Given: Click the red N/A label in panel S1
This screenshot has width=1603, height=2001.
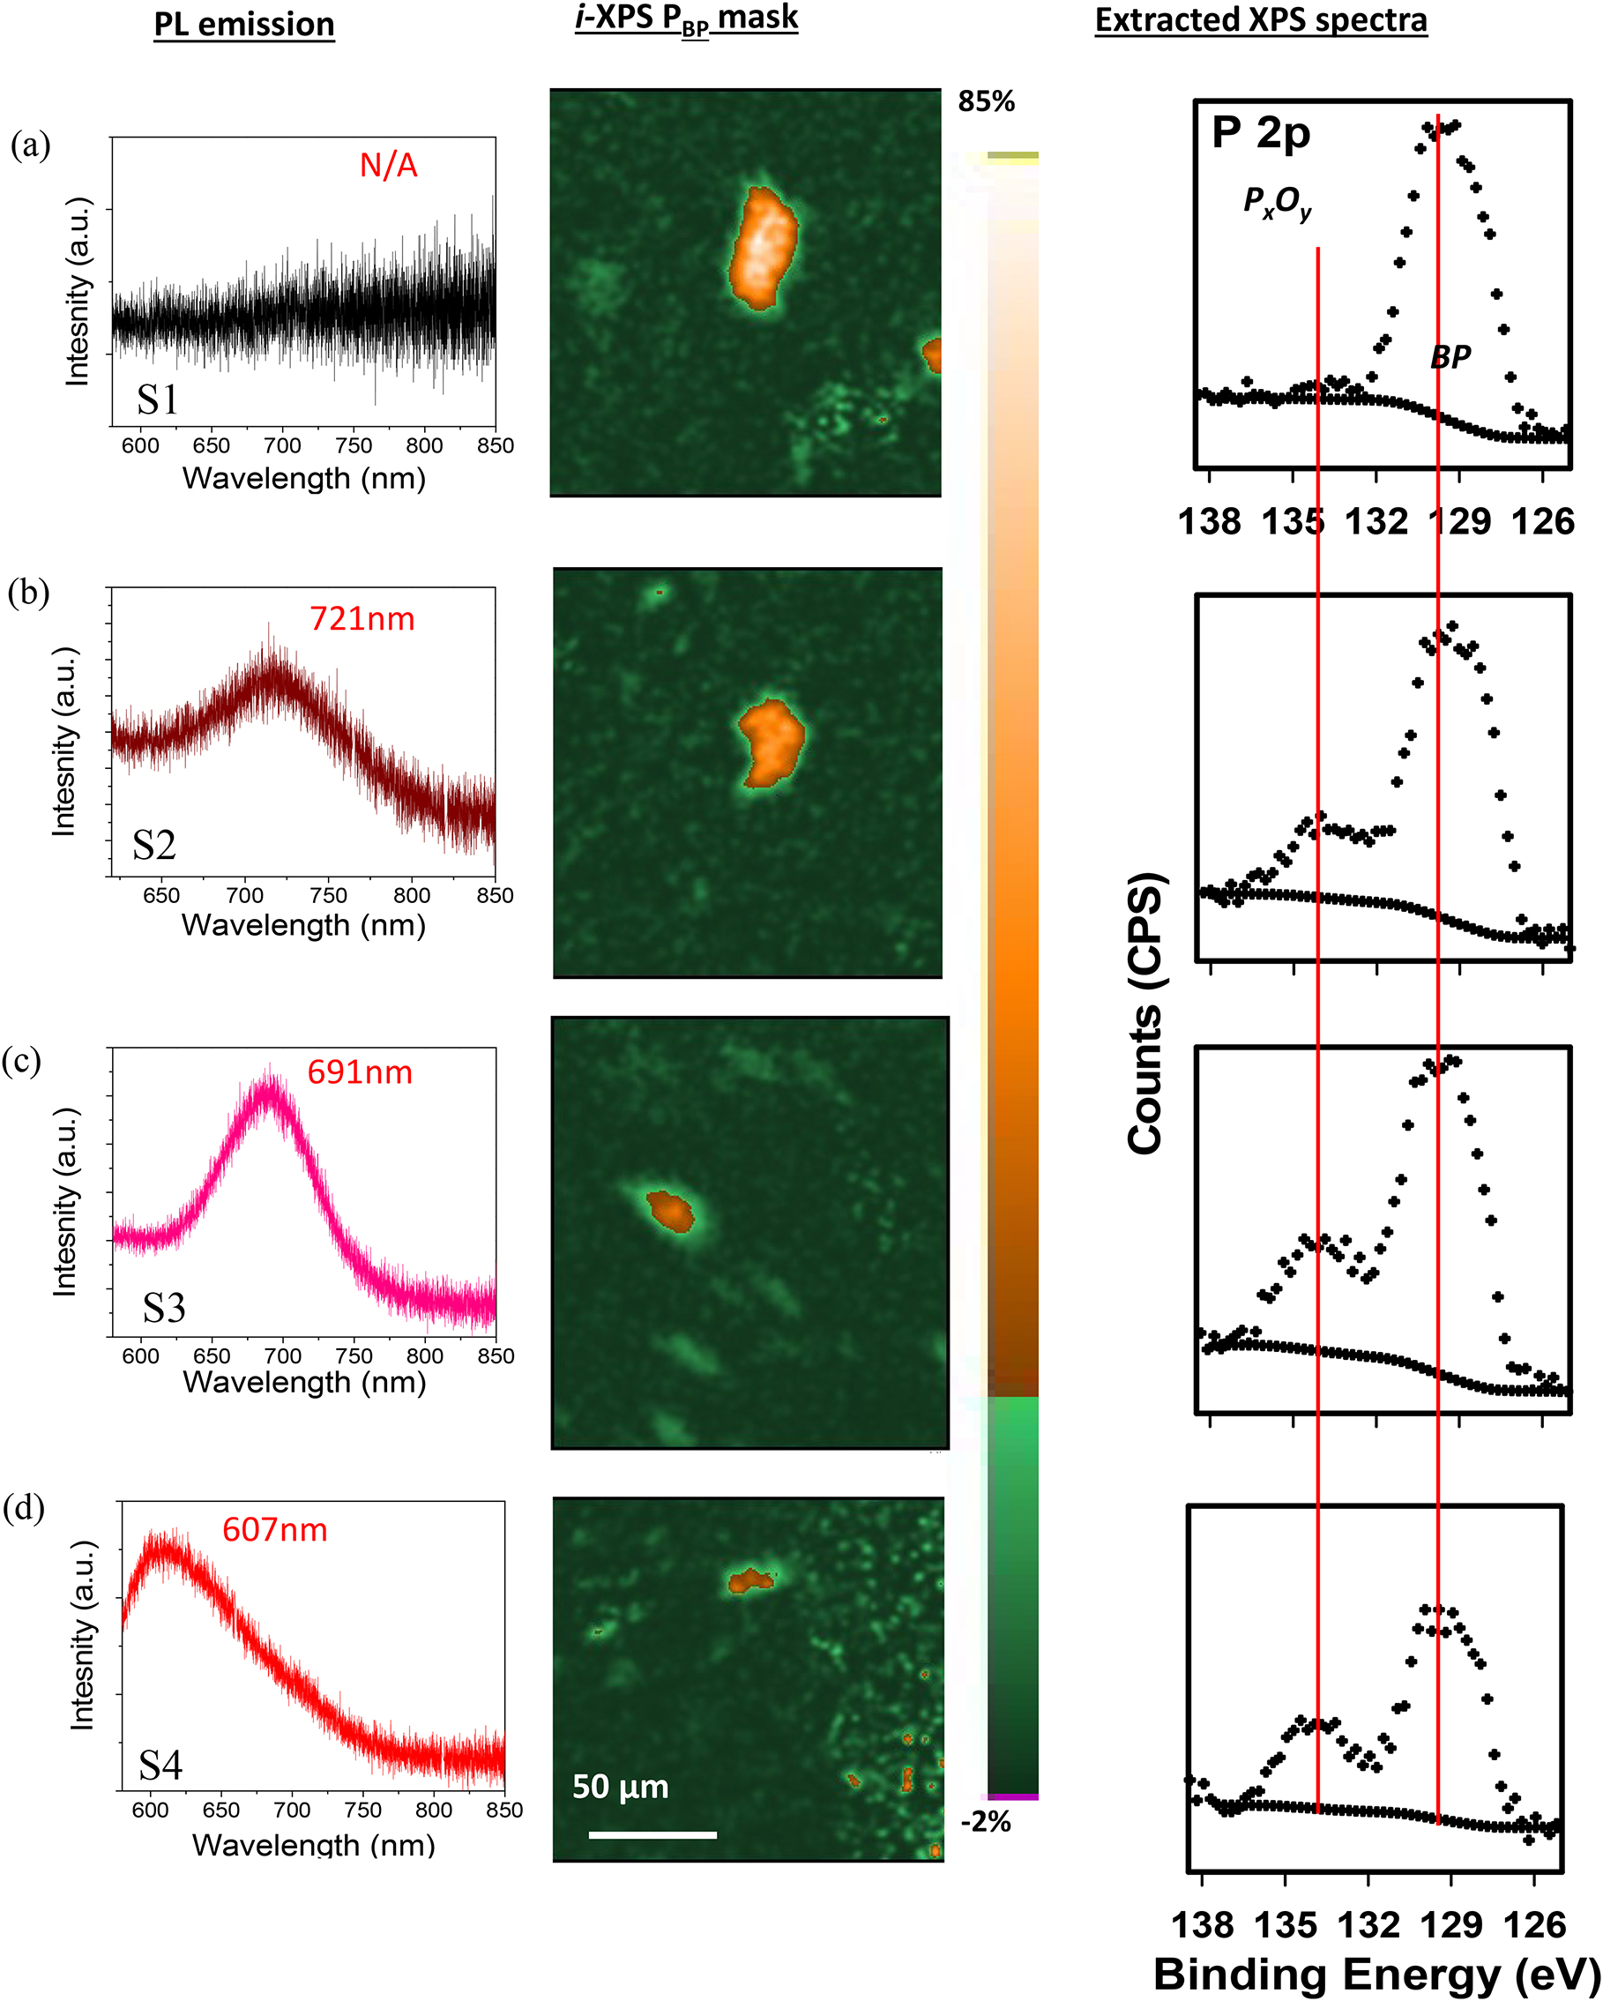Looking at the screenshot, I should point(388,165).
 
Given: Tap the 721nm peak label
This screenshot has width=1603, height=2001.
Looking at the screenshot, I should point(362,619).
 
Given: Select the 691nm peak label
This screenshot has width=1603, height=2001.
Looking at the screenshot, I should point(359,1073).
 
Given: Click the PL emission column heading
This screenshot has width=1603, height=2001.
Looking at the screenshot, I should point(244,25).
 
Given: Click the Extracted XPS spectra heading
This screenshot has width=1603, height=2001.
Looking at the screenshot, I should point(1261,20).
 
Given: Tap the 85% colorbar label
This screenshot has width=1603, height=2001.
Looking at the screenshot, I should point(986,101).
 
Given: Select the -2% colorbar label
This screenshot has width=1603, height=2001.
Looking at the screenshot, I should point(986,1822).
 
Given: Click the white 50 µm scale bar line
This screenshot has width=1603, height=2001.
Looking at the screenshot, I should point(652,1835).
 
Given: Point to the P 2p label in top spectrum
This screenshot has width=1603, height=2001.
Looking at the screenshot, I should point(1261,134).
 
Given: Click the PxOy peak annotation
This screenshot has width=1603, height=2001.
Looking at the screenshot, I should point(1278,202).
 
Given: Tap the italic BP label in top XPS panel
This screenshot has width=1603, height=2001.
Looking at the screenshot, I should point(1450,356).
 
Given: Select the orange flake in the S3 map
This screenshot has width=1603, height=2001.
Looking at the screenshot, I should point(670,1211).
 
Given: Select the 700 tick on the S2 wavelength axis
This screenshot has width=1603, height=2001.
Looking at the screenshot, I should point(245,896).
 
